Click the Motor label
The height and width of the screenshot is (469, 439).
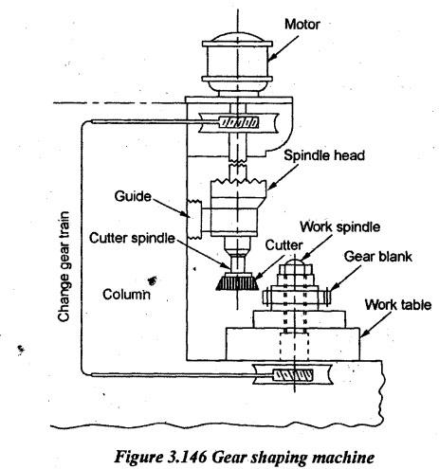[x=302, y=25]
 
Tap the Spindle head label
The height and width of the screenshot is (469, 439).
[x=324, y=155]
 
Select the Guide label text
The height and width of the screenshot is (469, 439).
[x=133, y=196]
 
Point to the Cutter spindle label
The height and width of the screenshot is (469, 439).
[x=132, y=238]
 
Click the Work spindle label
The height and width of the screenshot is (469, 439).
[x=339, y=226]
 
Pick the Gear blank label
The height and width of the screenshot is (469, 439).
[x=378, y=256]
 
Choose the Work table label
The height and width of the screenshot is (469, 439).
[x=398, y=305]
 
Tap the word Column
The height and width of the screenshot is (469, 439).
[x=126, y=295]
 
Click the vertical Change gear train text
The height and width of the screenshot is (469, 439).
[x=64, y=267]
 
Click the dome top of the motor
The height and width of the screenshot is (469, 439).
[x=237, y=37]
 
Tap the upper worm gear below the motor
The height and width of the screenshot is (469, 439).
[x=238, y=122]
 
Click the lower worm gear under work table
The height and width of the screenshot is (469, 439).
[x=293, y=375]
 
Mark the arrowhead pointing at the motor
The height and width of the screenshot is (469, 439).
[x=271, y=57]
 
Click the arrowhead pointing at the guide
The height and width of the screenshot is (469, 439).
[x=186, y=214]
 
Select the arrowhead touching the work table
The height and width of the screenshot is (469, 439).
[x=364, y=333]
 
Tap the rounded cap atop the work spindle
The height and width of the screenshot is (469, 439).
[x=294, y=262]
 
